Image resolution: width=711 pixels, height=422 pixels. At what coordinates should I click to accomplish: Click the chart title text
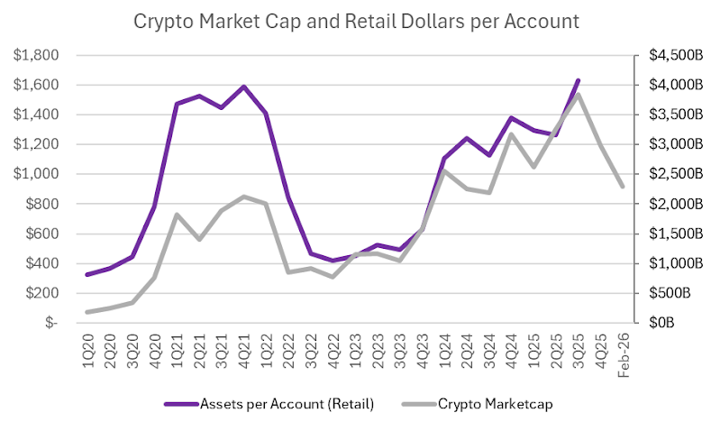click(356, 20)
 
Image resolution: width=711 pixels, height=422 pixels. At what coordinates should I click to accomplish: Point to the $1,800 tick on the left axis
click(37, 56)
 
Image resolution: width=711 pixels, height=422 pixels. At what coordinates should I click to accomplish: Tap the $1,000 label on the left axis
click(37, 174)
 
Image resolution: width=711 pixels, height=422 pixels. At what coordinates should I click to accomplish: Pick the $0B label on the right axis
click(650, 323)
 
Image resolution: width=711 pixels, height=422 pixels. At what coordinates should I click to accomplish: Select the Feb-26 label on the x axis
click(623, 350)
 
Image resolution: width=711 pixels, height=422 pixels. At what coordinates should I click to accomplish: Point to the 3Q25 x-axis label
click(578, 346)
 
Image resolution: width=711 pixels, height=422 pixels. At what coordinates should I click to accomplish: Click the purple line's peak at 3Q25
click(578, 81)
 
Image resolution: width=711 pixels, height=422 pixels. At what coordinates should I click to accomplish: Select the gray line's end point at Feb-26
click(623, 187)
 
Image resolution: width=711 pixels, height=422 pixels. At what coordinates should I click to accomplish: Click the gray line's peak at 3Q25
click(578, 94)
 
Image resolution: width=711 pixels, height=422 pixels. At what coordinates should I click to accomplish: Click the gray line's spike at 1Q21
click(177, 215)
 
